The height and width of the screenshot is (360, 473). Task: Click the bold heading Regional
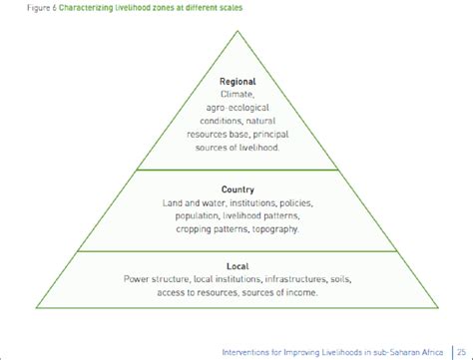(236, 81)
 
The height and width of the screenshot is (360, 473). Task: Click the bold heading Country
(236, 187)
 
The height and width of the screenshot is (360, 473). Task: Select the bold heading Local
(236, 265)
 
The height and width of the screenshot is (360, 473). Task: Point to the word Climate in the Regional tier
(236, 93)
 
